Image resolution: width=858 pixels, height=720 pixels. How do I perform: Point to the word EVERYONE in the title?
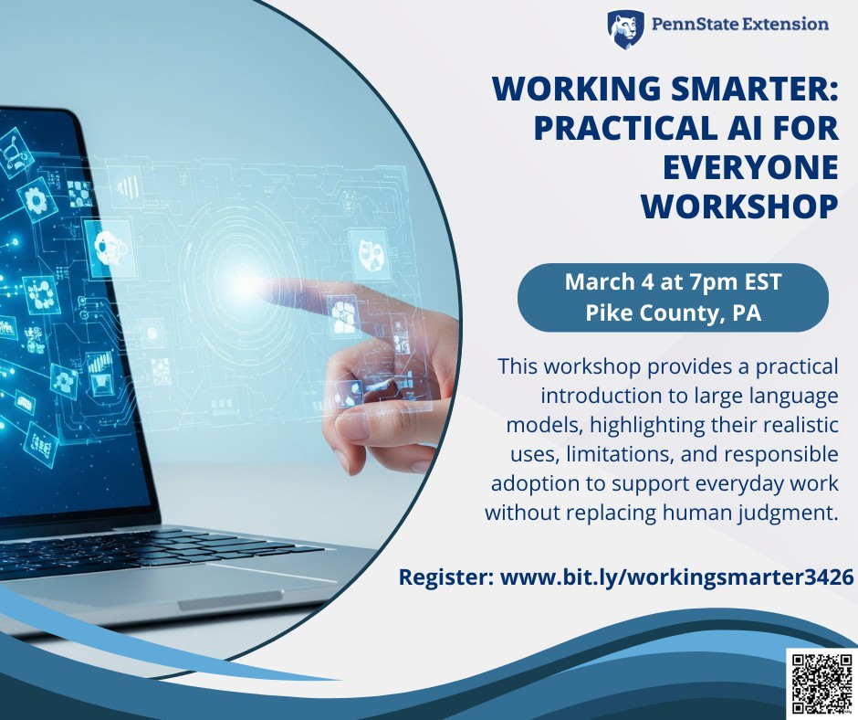[x=749, y=167]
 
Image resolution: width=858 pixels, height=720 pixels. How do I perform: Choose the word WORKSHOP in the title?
[x=739, y=206]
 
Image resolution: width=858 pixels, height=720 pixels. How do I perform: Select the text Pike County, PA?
[x=673, y=312]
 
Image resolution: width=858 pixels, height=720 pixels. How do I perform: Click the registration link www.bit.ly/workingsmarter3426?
[x=675, y=577]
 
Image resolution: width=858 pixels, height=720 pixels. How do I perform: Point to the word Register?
[x=445, y=577]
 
